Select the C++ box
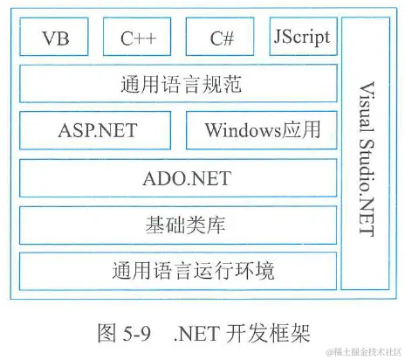138,39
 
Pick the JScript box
302,38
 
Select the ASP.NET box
98,132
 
